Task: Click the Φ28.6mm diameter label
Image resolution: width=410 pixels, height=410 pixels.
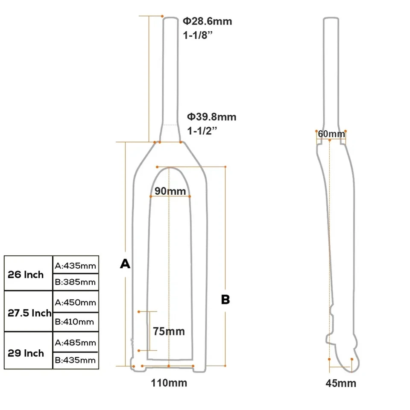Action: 208,21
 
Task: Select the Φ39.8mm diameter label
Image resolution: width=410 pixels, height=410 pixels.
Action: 211,117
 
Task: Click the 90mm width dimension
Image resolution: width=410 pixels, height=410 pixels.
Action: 170,191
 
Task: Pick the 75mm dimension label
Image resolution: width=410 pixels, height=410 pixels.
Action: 169,331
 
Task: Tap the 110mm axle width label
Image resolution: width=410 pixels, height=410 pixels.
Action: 169,383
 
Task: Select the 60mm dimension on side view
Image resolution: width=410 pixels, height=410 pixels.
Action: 331,134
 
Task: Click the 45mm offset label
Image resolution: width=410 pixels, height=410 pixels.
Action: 341,383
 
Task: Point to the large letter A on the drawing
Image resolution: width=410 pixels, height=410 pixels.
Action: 125,264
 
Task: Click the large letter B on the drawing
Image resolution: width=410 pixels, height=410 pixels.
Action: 225,300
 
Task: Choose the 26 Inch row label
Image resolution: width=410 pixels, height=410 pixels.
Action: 26,274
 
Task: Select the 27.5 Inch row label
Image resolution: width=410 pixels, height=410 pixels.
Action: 29,313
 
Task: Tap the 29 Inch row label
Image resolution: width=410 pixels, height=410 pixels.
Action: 26,353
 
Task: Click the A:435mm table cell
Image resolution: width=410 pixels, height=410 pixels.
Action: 76,266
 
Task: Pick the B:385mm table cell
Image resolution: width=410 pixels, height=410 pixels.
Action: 76,282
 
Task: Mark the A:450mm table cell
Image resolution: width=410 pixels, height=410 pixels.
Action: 76,303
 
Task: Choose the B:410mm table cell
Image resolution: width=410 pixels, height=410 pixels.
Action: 76,321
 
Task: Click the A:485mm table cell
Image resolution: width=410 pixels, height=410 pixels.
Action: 76,343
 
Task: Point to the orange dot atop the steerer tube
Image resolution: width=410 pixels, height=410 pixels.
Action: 162,16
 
